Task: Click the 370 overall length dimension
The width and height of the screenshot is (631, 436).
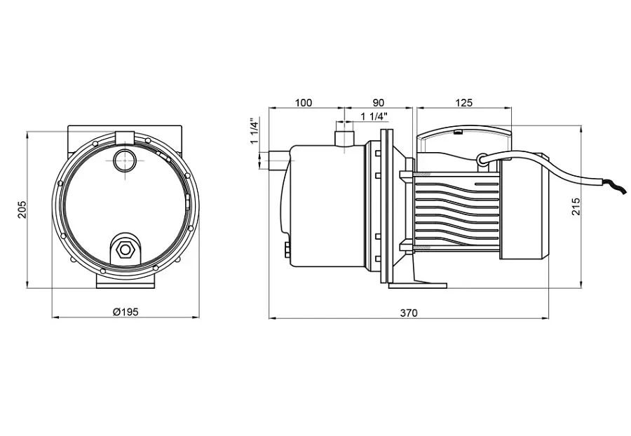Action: coord(409,313)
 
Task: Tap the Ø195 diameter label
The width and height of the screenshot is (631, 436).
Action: coord(125,312)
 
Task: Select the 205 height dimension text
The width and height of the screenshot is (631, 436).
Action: coord(22,209)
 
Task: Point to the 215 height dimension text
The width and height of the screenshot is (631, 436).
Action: coord(576,206)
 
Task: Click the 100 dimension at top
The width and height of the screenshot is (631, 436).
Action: coord(304,103)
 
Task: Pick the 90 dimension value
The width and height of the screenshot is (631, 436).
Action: coord(379,103)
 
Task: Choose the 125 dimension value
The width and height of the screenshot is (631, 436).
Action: coord(463,103)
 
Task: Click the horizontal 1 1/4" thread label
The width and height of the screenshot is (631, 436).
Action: coord(374,116)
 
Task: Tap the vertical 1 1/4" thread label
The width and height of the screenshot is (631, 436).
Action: coord(254,131)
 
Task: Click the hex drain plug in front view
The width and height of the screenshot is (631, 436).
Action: coord(125,250)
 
